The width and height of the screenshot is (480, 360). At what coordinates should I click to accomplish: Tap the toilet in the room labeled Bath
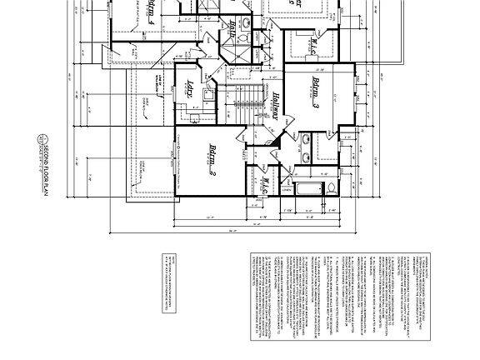coord(242,37)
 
